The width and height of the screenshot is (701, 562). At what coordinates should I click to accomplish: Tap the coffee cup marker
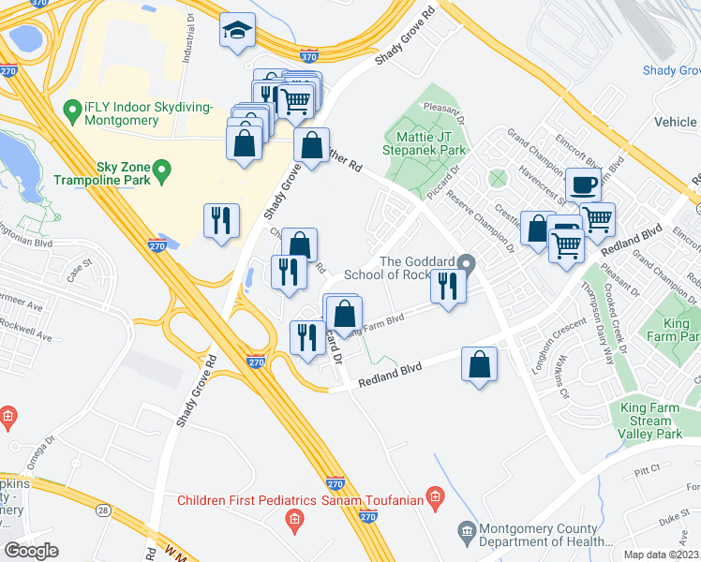(x=583, y=184)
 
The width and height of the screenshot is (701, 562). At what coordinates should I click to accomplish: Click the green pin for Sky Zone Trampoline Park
(x=161, y=170)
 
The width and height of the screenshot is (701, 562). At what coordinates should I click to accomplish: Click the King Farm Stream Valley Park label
(x=649, y=421)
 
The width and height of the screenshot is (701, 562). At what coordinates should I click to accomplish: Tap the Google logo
(x=31, y=551)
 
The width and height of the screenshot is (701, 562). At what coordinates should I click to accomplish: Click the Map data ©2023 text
(x=661, y=555)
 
